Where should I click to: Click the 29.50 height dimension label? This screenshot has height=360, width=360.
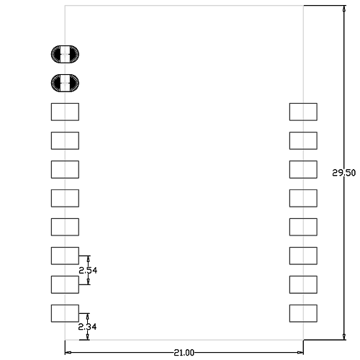[x=343, y=173]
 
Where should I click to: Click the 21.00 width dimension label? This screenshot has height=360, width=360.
[x=184, y=353]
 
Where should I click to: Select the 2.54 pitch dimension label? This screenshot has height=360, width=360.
[x=88, y=271]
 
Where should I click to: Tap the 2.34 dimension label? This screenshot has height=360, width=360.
[x=87, y=327]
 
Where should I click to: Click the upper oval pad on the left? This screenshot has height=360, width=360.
[x=65, y=54]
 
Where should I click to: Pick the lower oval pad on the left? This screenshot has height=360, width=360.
[x=65, y=83]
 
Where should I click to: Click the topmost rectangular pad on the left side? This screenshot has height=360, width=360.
[x=65, y=112]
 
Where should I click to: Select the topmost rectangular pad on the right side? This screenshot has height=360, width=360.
[x=303, y=112]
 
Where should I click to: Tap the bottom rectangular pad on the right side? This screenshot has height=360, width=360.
[x=303, y=313]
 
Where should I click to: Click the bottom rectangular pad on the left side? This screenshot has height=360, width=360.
[x=65, y=313]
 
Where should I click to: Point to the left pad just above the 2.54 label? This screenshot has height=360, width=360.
[x=65, y=256]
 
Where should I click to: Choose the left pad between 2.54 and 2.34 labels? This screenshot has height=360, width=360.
[x=65, y=284]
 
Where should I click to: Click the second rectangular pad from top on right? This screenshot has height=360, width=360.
[x=303, y=140]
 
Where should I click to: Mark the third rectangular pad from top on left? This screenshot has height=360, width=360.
[x=65, y=169]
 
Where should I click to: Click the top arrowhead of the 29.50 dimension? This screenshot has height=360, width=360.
[x=344, y=9]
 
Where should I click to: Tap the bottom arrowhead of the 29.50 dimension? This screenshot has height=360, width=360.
[x=344, y=336]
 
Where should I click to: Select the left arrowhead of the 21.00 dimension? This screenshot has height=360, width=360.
[x=68, y=353]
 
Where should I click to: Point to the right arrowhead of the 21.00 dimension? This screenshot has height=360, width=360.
[x=300, y=353]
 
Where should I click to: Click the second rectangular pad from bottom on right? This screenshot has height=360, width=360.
[x=303, y=284]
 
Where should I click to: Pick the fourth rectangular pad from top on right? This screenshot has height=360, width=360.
[x=303, y=198]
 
